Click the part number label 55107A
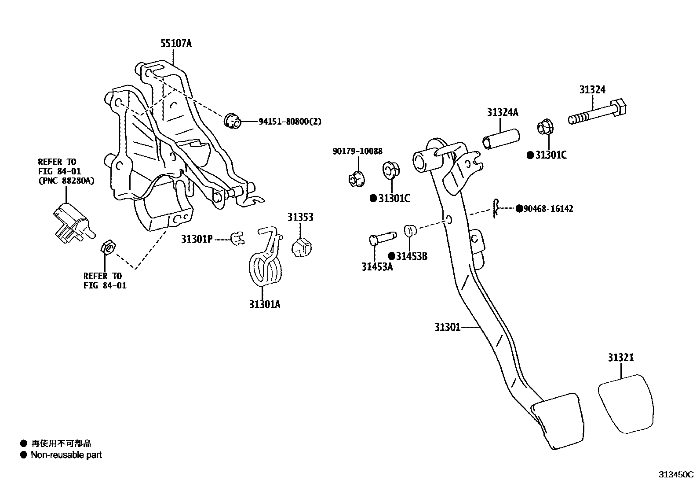point(176,44)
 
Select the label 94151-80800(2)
point(289,122)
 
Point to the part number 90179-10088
point(357,151)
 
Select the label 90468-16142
point(548,209)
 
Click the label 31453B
point(411,256)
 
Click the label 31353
point(300,217)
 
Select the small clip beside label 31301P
point(237,239)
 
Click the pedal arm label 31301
point(447,327)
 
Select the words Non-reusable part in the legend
point(66,455)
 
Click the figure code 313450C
point(675,475)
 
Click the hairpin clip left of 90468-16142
point(496,208)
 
